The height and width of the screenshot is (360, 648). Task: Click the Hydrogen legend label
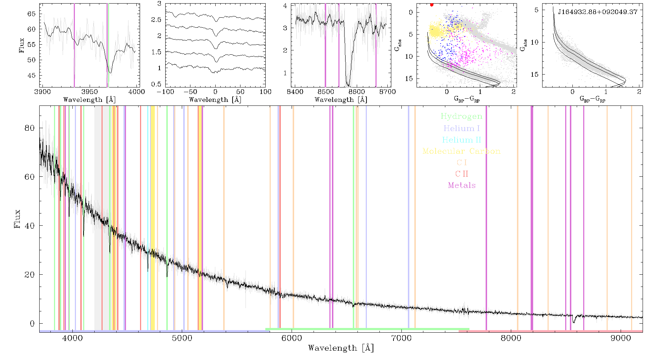461,117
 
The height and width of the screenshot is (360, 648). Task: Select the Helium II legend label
462,140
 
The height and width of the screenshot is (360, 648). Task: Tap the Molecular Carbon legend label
462,151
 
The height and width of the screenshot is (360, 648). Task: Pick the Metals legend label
462,185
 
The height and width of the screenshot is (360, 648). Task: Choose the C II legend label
462,174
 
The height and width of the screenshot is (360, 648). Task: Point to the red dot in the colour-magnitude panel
432,5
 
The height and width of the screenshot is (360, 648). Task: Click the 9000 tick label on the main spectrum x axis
620,338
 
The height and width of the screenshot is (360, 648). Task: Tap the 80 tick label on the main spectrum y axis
30,128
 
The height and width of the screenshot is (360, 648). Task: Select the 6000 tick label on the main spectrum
292,338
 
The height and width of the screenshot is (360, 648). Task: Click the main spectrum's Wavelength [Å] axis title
341,348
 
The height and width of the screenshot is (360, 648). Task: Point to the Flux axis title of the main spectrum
17,219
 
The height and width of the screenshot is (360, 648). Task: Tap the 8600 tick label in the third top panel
355,92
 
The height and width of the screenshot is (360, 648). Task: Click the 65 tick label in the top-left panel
32,14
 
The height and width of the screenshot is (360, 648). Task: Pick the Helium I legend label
462,128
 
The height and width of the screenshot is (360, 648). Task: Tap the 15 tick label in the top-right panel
534,75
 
